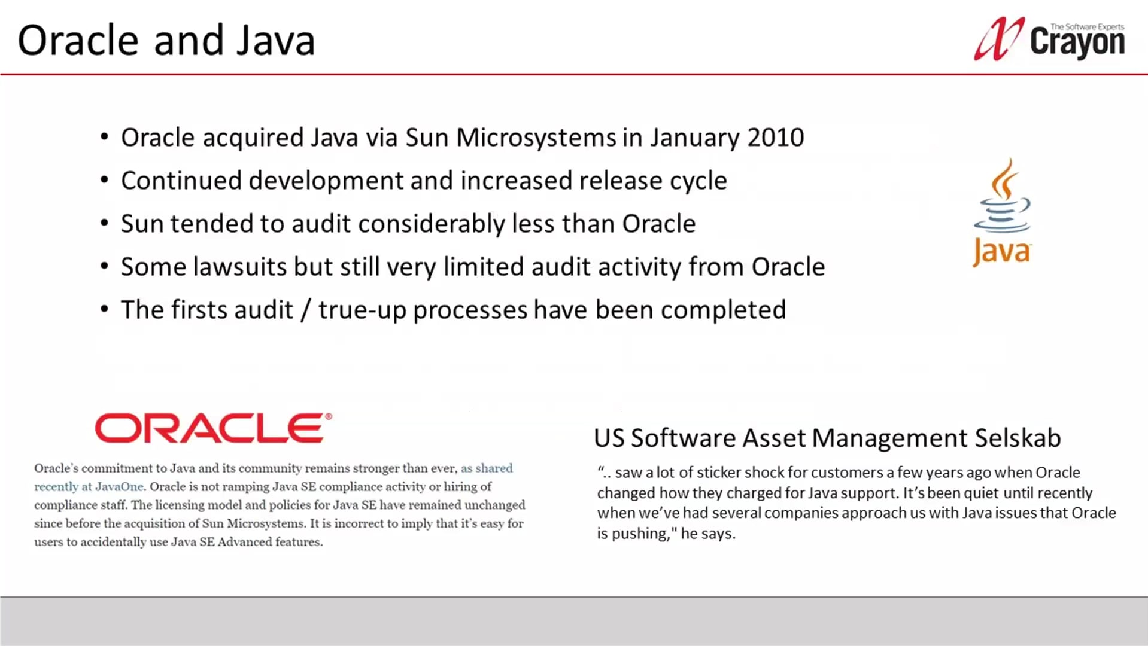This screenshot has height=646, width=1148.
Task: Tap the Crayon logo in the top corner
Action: (1050, 39)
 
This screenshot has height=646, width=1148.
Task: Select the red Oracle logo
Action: (213, 428)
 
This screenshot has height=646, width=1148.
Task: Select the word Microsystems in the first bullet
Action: (536, 138)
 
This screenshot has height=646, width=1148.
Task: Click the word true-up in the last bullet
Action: (362, 310)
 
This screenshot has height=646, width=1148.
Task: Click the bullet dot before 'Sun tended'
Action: (105, 224)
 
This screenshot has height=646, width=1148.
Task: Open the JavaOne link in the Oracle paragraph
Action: (119, 487)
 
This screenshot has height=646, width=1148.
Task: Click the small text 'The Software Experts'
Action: (1087, 27)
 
